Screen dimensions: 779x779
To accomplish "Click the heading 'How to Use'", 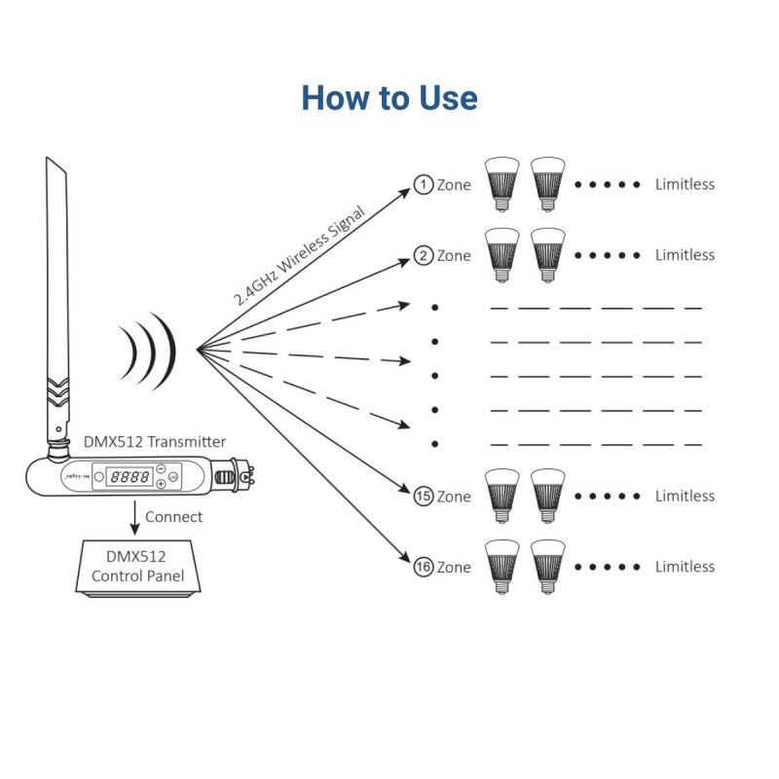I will tap(389, 98).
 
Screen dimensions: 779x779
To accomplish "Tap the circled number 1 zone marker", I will tap(423, 184).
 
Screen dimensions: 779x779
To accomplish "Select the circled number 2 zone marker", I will tap(423, 256).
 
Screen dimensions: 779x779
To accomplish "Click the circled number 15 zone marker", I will tap(423, 497).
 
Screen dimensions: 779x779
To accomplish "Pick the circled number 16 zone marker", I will tap(423, 568).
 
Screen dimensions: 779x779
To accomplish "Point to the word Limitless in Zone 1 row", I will tap(685, 184).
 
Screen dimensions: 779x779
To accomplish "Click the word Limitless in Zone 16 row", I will tap(685, 567).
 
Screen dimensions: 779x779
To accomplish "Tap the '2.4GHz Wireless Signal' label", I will tap(299, 257).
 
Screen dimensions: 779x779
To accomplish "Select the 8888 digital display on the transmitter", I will tap(130, 478).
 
